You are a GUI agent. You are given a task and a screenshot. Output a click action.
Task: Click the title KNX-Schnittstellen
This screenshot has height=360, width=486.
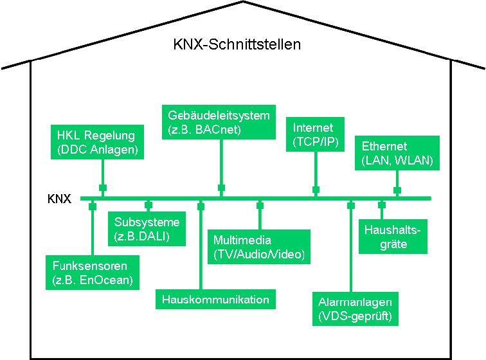click(237, 45)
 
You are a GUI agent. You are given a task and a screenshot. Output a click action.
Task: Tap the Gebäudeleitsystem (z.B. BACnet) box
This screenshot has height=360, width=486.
click(219, 122)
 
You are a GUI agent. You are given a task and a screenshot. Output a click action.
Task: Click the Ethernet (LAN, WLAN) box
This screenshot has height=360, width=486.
click(397, 153)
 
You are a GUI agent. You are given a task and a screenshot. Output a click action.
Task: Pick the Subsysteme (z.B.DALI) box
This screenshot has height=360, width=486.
click(147, 229)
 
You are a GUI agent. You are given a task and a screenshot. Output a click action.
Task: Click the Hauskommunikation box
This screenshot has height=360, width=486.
click(215, 300)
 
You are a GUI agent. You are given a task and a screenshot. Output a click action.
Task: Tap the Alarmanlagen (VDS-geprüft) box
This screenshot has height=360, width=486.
click(355, 309)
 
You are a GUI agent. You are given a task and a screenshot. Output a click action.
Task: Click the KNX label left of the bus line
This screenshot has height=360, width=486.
click(63, 199)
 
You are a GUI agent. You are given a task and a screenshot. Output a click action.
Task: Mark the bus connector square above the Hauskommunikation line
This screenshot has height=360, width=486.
click(201, 206)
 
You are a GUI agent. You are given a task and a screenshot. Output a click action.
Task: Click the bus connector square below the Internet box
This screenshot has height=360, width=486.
click(316, 190)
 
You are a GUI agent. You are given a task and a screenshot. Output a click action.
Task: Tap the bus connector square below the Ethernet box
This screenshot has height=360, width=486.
click(397, 190)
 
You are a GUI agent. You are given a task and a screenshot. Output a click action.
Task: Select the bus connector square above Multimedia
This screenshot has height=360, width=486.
click(260, 206)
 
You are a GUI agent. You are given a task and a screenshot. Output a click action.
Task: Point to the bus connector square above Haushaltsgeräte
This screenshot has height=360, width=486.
click(382, 206)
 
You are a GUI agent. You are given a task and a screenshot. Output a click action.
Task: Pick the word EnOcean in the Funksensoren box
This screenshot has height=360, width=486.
click(109, 280)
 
